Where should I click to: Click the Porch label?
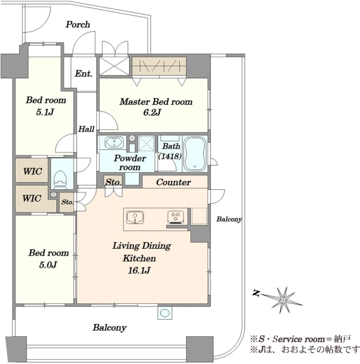(x=78, y=25)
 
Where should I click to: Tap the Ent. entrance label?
(x=84, y=73)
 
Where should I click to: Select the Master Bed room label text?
(x=156, y=102)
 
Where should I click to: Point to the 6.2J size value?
(x=152, y=113)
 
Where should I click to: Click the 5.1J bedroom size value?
(x=45, y=112)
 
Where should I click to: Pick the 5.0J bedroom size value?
(x=48, y=265)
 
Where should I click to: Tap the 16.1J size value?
(x=139, y=270)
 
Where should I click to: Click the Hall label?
(x=86, y=129)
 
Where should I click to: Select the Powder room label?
(x=130, y=163)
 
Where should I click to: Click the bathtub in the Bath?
(x=195, y=153)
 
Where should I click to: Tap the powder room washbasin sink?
(x=114, y=143)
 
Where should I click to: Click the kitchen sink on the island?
(x=135, y=218)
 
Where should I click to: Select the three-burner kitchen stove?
(x=176, y=218)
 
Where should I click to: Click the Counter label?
(x=173, y=183)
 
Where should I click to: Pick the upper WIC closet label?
(x=33, y=172)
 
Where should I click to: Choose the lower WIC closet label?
(x=32, y=198)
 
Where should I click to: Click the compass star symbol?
(x=283, y=300)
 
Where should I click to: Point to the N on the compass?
(x=256, y=293)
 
